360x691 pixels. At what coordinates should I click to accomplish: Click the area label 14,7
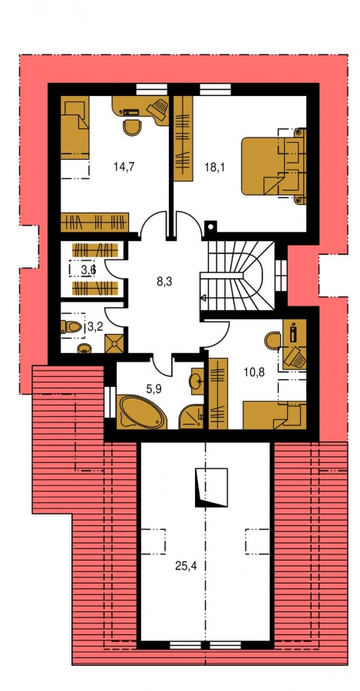click(124, 167)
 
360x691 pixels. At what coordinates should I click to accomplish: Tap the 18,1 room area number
click(215, 167)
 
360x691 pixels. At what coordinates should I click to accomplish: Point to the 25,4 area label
click(186, 566)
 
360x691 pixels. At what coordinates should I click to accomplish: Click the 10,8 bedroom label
click(254, 373)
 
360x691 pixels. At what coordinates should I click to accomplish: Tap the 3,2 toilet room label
click(96, 326)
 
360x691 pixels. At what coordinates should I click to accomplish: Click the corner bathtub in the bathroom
click(141, 412)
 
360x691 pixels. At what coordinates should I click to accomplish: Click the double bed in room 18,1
click(273, 166)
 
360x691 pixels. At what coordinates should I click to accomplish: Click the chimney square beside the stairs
click(210, 227)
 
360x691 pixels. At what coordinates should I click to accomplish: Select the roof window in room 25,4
click(211, 486)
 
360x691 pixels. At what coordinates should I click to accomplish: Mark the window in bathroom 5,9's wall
click(111, 402)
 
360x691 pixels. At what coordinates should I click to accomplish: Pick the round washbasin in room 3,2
click(83, 349)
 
